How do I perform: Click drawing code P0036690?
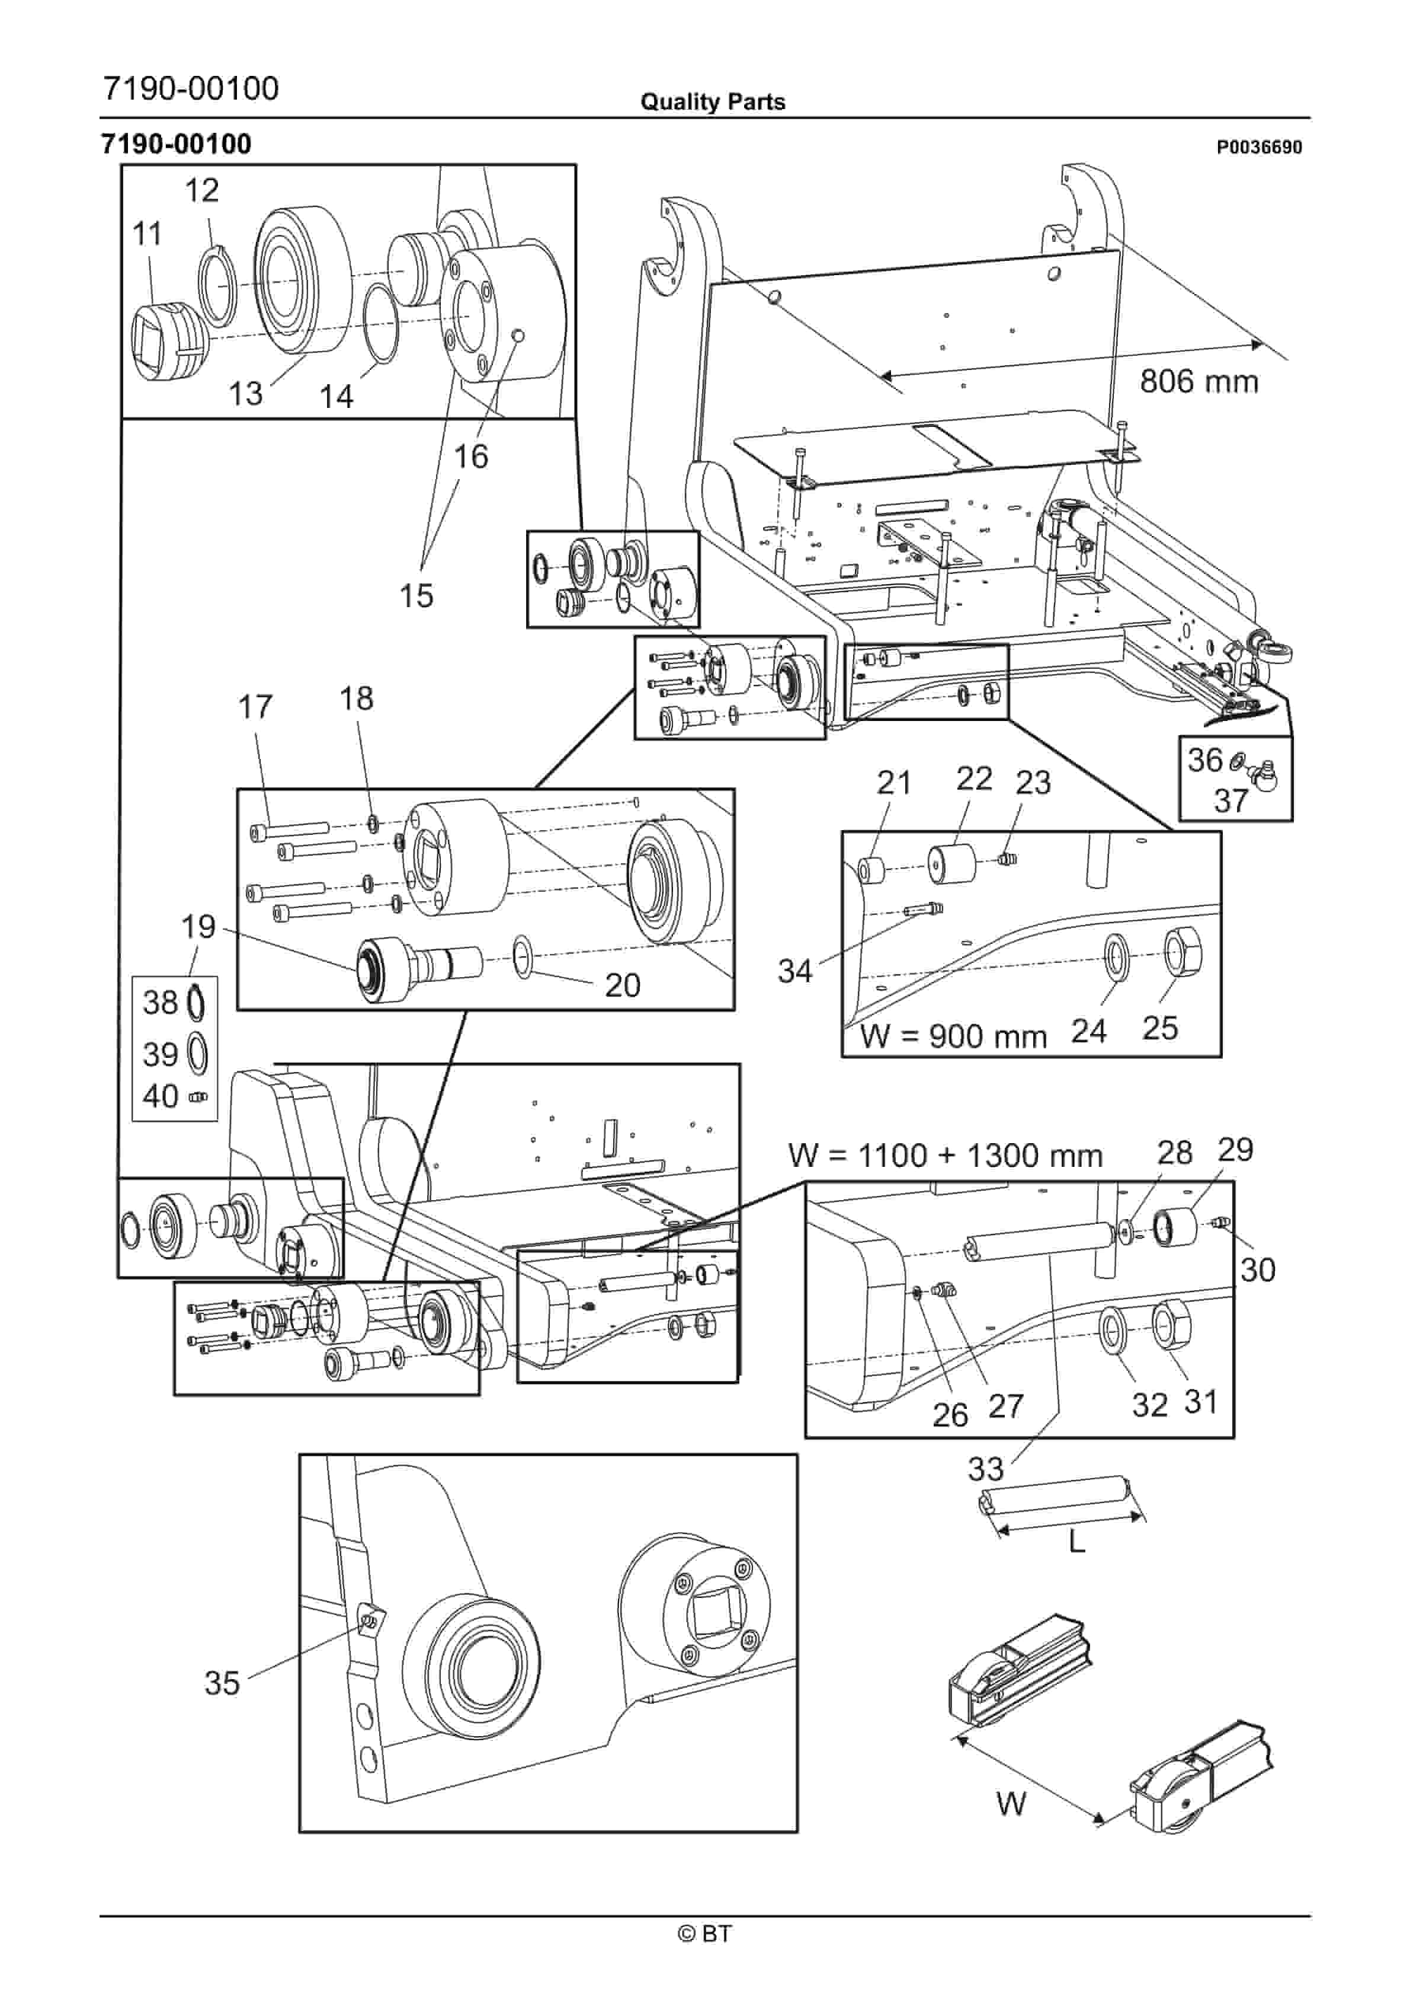tap(1259, 147)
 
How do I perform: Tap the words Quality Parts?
tap(713, 102)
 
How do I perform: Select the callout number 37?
tap(1231, 800)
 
